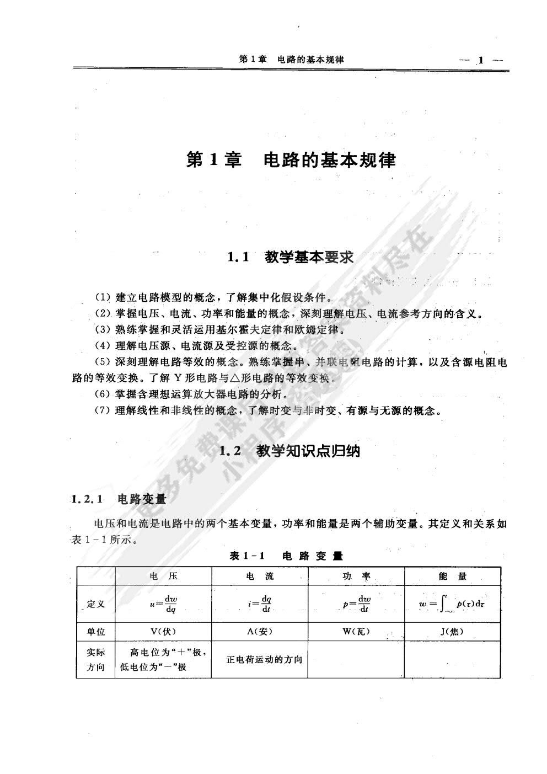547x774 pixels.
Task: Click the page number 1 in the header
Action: (x=481, y=60)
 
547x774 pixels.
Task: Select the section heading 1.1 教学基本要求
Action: (x=290, y=257)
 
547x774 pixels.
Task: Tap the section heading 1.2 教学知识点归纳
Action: (x=289, y=451)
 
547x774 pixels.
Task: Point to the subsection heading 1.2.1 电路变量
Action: (x=119, y=499)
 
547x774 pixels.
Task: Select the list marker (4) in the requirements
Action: (x=103, y=346)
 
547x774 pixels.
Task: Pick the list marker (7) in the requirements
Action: (x=103, y=411)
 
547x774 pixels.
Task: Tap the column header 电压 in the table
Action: (x=163, y=577)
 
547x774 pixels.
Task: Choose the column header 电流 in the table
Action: (x=260, y=577)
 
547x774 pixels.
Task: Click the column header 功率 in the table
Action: (x=356, y=577)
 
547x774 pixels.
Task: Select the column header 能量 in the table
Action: (x=453, y=577)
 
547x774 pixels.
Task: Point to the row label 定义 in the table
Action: (x=96, y=604)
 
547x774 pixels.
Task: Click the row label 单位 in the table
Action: (x=96, y=632)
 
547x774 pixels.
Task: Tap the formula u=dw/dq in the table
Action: (x=163, y=604)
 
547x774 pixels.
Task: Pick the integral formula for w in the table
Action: (x=452, y=605)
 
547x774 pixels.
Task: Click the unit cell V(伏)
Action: (x=163, y=632)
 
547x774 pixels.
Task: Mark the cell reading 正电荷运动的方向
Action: (x=264, y=660)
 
